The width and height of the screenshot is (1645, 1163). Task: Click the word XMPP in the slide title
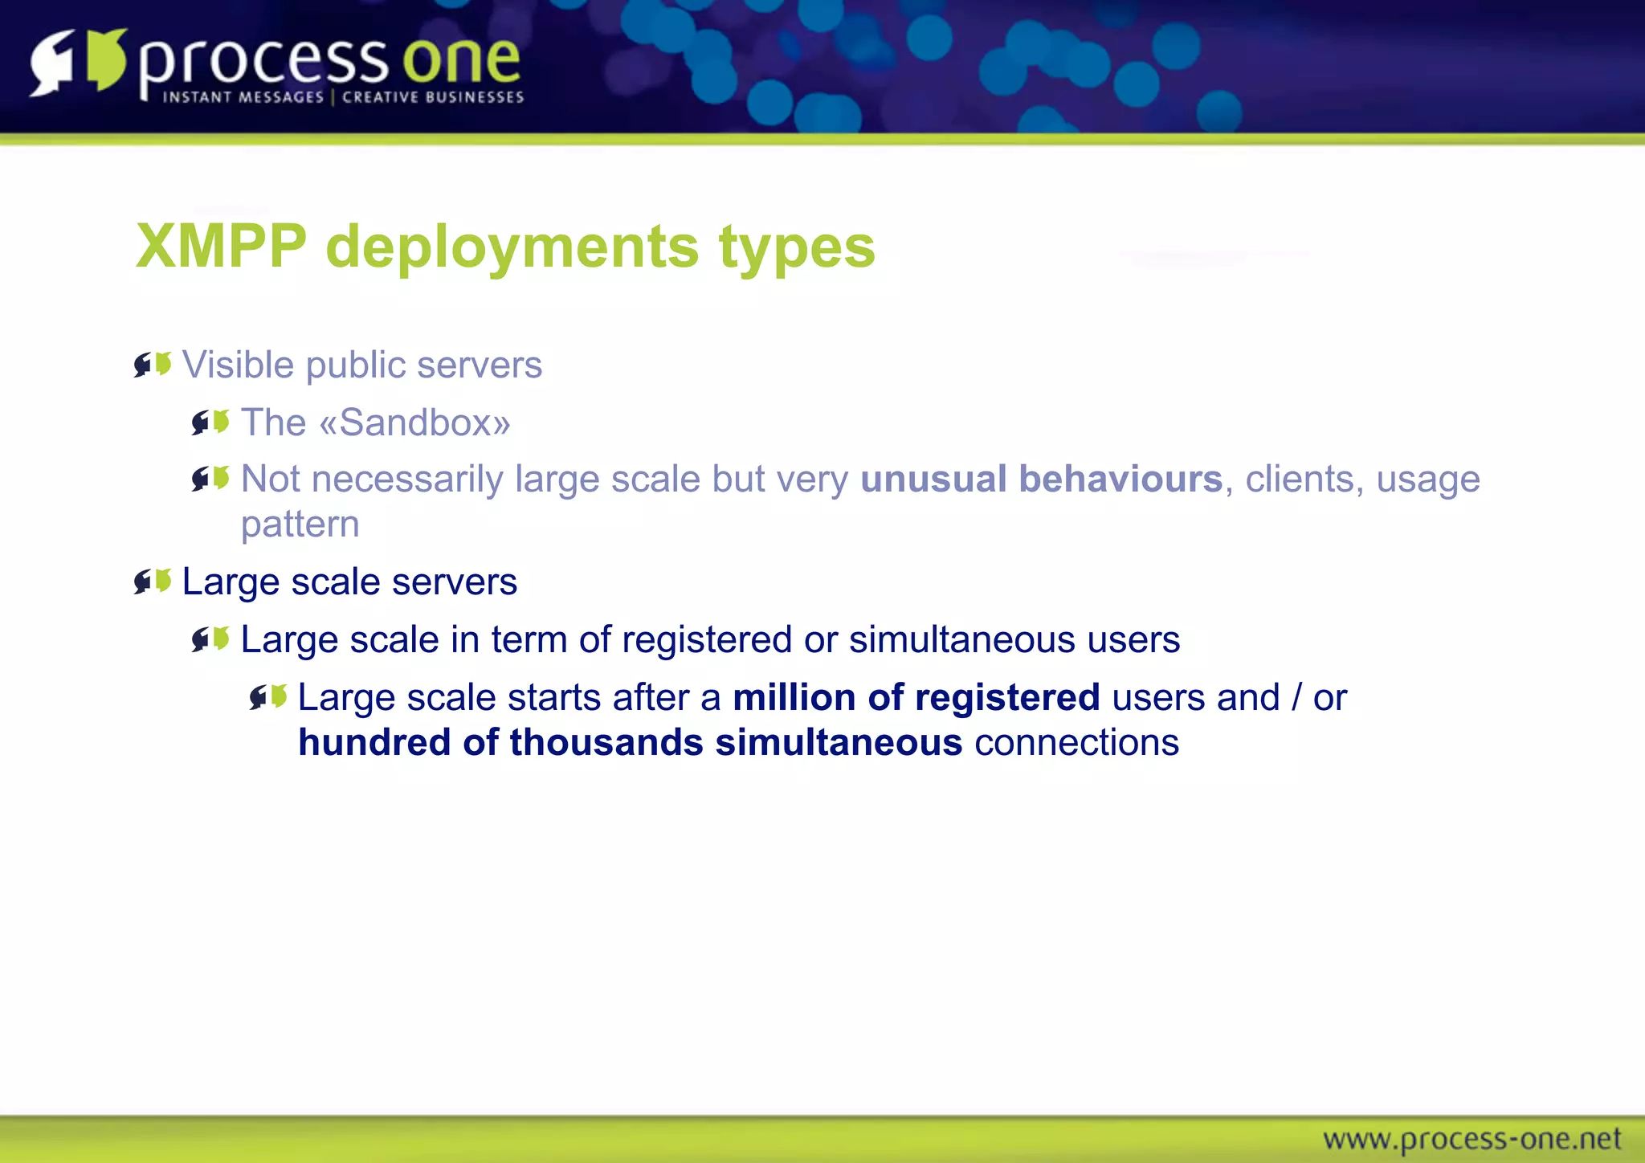[222, 246]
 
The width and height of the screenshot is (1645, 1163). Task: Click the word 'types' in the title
[796, 247]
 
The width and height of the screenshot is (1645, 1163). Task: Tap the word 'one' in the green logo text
[461, 60]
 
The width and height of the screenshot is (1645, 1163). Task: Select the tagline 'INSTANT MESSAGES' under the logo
[243, 97]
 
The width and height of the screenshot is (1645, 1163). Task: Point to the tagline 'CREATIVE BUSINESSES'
[433, 97]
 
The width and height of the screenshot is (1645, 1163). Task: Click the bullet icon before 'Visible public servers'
[153, 365]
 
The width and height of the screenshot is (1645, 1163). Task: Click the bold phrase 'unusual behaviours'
[1041, 479]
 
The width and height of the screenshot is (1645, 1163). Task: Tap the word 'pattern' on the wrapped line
[300, 524]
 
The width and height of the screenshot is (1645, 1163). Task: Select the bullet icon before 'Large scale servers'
[153, 581]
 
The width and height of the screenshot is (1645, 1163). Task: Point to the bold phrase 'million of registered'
[916, 697]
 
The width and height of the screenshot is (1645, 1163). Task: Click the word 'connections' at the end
[1076, 742]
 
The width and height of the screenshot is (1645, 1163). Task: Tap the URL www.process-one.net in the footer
[1472, 1139]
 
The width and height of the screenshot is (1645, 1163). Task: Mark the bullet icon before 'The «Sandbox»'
[210, 422]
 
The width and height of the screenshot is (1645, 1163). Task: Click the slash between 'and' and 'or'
[1296, 697]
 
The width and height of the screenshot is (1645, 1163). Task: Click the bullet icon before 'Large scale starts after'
[268, 696]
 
